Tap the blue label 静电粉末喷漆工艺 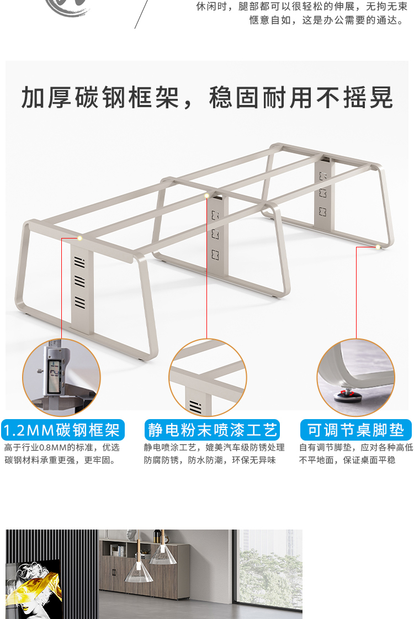tap(213, 430)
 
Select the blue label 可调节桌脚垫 tap(356, 430)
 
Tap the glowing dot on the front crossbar tap(80, 238)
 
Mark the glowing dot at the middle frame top tap(207, 195)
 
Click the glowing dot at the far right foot tap(378, 247)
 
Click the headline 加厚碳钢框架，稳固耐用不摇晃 tap(207, 98)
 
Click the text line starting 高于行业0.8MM tap(62, 448)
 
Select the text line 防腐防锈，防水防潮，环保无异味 tap(210, 460)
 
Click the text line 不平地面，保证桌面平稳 tap(347, 460)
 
